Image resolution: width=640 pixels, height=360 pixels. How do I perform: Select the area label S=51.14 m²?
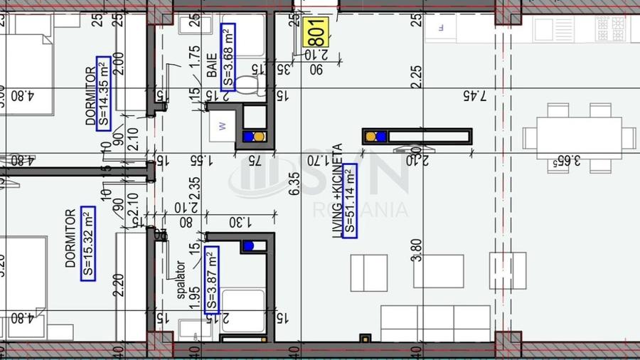coord(349,200)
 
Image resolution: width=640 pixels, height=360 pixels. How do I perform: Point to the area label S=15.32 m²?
coord(87,243)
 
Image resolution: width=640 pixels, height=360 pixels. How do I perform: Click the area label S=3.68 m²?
coord(228,55)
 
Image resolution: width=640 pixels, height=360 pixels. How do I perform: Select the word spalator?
coord(181,280)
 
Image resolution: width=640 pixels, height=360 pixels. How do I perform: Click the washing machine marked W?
coord(223,127)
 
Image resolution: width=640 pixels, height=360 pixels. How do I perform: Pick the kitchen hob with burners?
coord(612,29)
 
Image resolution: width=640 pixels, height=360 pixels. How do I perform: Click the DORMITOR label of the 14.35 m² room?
coord(90,96)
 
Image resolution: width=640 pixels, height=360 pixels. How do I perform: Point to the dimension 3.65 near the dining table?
coord(567,162)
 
